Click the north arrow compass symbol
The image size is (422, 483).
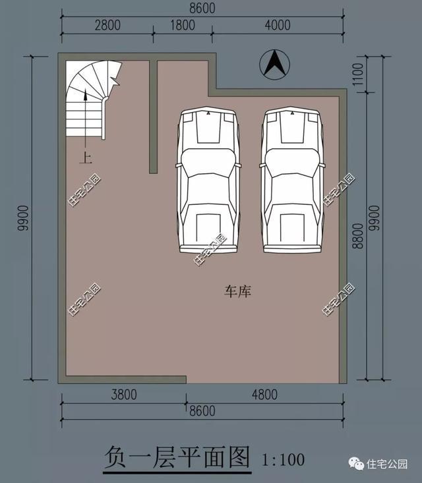[275, 65]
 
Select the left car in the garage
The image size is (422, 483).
[208, 180]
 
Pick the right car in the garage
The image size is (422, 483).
[293, 180]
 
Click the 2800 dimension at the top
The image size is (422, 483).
[107, 26]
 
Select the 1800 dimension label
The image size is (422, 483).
[183, 26]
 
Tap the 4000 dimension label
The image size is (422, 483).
[277, 26]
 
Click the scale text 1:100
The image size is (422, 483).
[284, 457]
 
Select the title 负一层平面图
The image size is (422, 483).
[177, 457]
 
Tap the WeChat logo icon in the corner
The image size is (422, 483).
[357, 464]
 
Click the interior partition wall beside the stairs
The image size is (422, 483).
[153, 115]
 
